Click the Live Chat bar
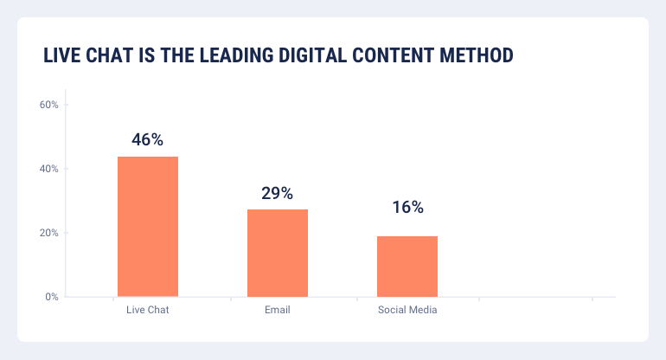(148, 227)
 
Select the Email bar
(278, 253)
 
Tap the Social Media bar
(407, 267)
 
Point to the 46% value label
(148, 139)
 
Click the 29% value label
(278, 192)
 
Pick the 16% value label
(407, 207)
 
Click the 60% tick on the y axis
(48, 105)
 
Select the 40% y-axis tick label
(48, 169)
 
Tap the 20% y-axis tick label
(48, 233)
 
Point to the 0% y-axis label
(51, 297)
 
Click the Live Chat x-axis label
(147, 310)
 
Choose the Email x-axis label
(278, 310)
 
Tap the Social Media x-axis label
(407, 310)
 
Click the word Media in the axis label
(423, 310)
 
